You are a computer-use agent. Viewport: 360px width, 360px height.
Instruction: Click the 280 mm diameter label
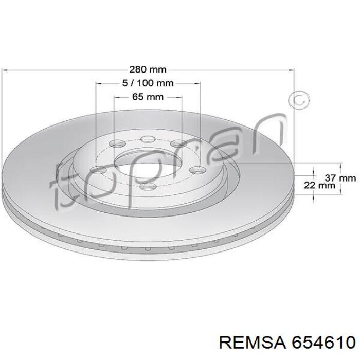(148, 69)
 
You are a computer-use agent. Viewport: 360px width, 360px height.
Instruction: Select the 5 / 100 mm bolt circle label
(148, 83)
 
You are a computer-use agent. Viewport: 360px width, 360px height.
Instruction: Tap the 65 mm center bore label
(148, 97)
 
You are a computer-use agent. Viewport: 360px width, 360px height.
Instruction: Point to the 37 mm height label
(340, 178)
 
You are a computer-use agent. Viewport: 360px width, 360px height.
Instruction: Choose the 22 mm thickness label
(319, 185)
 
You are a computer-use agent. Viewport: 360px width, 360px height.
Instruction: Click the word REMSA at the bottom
(253, 343)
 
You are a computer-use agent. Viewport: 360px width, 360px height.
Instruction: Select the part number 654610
(323, 343)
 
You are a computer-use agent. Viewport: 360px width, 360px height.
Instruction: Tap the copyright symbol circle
(299, 101)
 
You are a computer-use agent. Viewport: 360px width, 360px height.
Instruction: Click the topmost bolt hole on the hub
(148, 139)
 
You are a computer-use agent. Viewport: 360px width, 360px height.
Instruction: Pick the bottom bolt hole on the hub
(148, 186)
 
